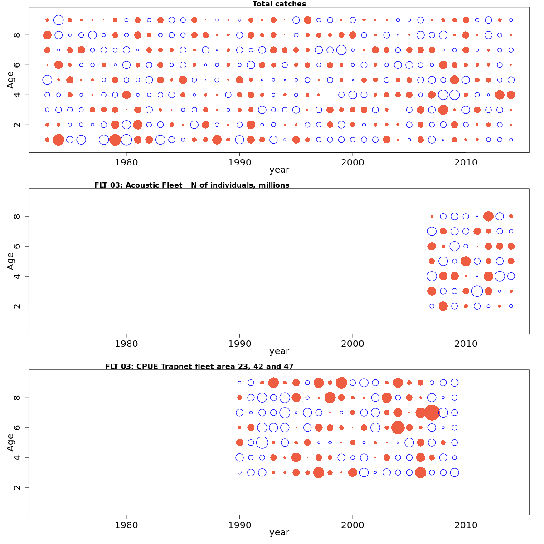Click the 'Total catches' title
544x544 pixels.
tap(279, 4)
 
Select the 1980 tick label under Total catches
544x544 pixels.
tap(126, 162)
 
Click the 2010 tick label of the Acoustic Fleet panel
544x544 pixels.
tap(466, 344)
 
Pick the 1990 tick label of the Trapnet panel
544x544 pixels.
tap(239, 525)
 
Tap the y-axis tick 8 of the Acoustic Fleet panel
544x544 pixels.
tap(17, 216)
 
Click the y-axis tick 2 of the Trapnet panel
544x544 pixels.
tap(17, 487)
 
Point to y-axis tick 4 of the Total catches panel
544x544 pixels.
tap(17, 95)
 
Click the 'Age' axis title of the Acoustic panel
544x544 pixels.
tap(11, 261)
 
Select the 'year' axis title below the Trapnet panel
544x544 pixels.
tap(279, 532)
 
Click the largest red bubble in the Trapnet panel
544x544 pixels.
tap(432, 413)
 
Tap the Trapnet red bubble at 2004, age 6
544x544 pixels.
tap(398, 427)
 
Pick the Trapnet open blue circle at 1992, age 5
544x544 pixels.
tap(262, 442)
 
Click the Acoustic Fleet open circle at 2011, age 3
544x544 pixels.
tap(477, 291)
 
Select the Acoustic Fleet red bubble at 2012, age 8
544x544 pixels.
tap(488, 216)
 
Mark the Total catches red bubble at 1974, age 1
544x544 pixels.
tap(58, 140)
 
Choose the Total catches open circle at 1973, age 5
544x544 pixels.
tap(47, 80)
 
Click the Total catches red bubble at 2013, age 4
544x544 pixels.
tap(500, 95)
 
